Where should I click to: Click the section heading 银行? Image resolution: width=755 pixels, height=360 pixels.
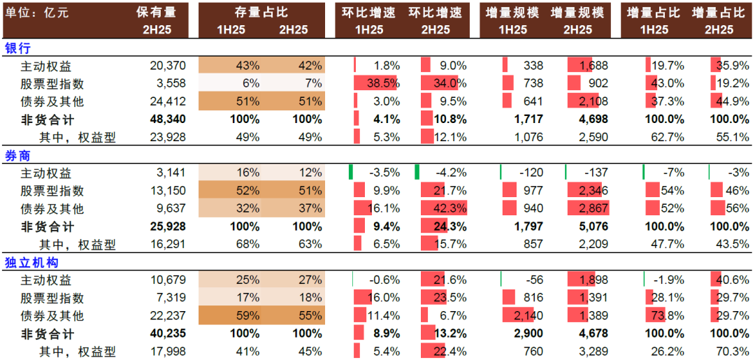(17, 48)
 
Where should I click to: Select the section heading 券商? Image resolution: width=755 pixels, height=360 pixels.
(17, 155)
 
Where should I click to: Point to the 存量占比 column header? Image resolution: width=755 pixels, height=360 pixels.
(261, 13)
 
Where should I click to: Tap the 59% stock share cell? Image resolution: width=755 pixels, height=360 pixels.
(249, 316)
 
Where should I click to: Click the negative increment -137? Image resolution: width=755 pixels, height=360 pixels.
(596, 173)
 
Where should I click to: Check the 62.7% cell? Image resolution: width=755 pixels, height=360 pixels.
(666, 138)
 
